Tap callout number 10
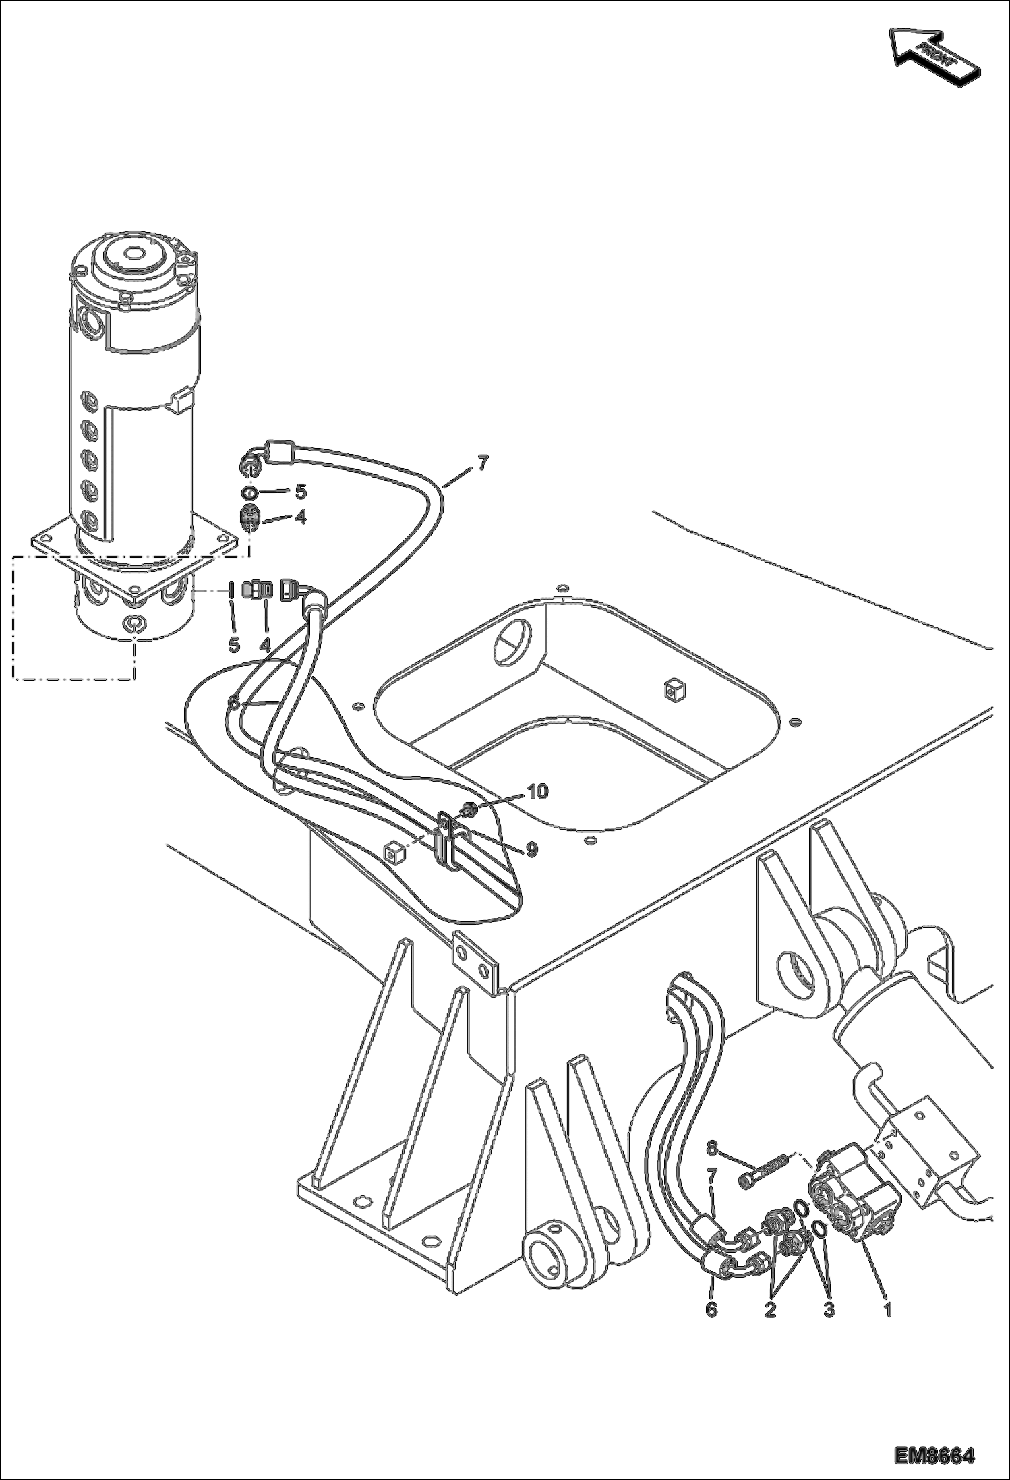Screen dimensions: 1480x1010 537,792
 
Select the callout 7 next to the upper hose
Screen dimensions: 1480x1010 482,463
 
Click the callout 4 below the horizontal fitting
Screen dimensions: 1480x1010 264,645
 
